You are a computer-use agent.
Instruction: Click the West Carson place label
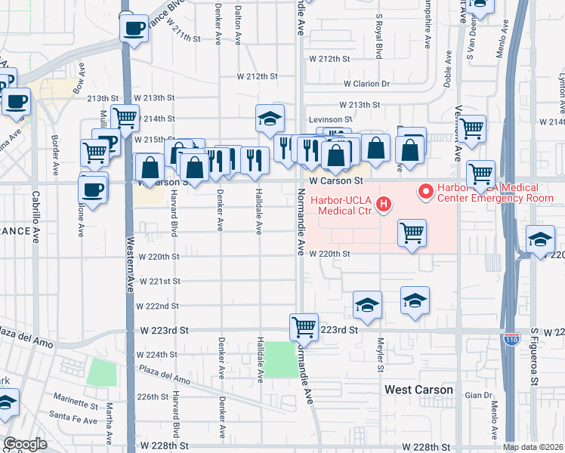click(x=418, y=390)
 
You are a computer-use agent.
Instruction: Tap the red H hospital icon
click(x=384, y=204)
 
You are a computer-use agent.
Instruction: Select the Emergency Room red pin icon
click(x=425, y=193)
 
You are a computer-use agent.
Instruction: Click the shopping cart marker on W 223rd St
click(x=304, y=328)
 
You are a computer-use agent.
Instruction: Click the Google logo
click(x=25, y=444)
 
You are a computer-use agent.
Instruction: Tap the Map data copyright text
click(x=533, y=447)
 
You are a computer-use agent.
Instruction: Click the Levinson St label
click(x=329, y=119)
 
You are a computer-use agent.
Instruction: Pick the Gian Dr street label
click(x=478, y=395)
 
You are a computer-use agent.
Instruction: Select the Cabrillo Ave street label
click(x=35, y=216)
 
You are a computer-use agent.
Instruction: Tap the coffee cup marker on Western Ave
click(x=134, y=28)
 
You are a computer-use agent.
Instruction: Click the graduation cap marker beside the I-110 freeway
click(x=539, y=240)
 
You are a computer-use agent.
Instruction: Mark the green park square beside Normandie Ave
click(x=280, y=359)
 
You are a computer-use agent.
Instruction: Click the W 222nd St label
click(x=157, y=306)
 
